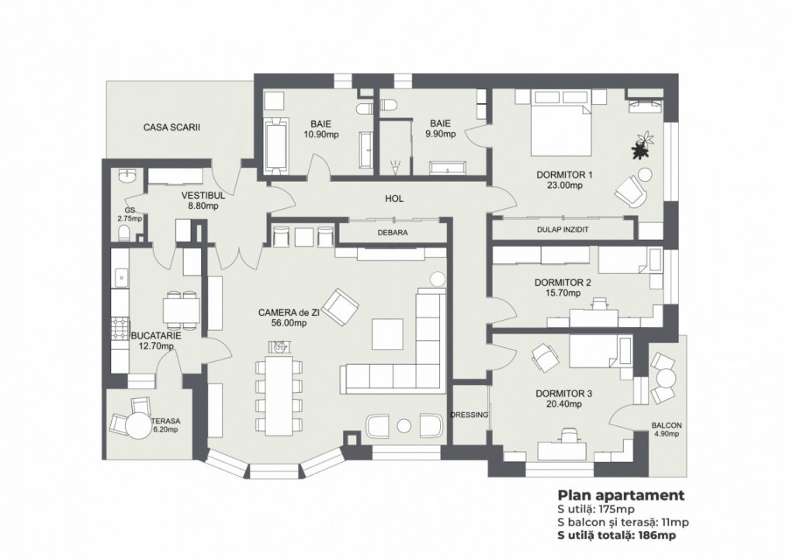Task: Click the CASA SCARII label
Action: (172, 127)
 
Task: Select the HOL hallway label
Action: (395, 199)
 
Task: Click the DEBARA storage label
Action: (393, 231)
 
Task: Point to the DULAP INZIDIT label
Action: (563, 230)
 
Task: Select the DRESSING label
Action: (469, 415)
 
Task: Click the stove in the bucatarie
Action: (120, 328)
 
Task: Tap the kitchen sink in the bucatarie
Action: (120, 276)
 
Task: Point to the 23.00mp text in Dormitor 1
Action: (563, 186)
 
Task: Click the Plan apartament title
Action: (620, 495)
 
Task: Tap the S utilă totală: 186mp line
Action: (618, 536)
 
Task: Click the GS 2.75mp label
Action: (130, 214)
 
